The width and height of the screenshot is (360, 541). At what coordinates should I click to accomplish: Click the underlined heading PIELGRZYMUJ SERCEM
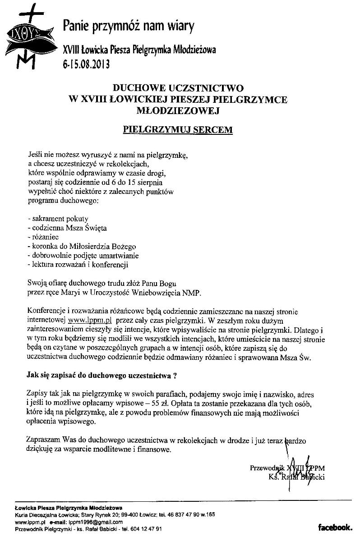tap(178, 129)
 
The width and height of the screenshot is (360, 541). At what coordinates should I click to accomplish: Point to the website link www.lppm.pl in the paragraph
tap(89, 321)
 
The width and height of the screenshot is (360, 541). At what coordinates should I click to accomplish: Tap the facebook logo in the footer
tap(335, 527)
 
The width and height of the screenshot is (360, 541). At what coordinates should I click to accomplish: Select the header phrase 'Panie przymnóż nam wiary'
tap(129, 27)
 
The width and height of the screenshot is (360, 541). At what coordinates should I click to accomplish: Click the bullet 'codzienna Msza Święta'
tap(67, 228)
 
